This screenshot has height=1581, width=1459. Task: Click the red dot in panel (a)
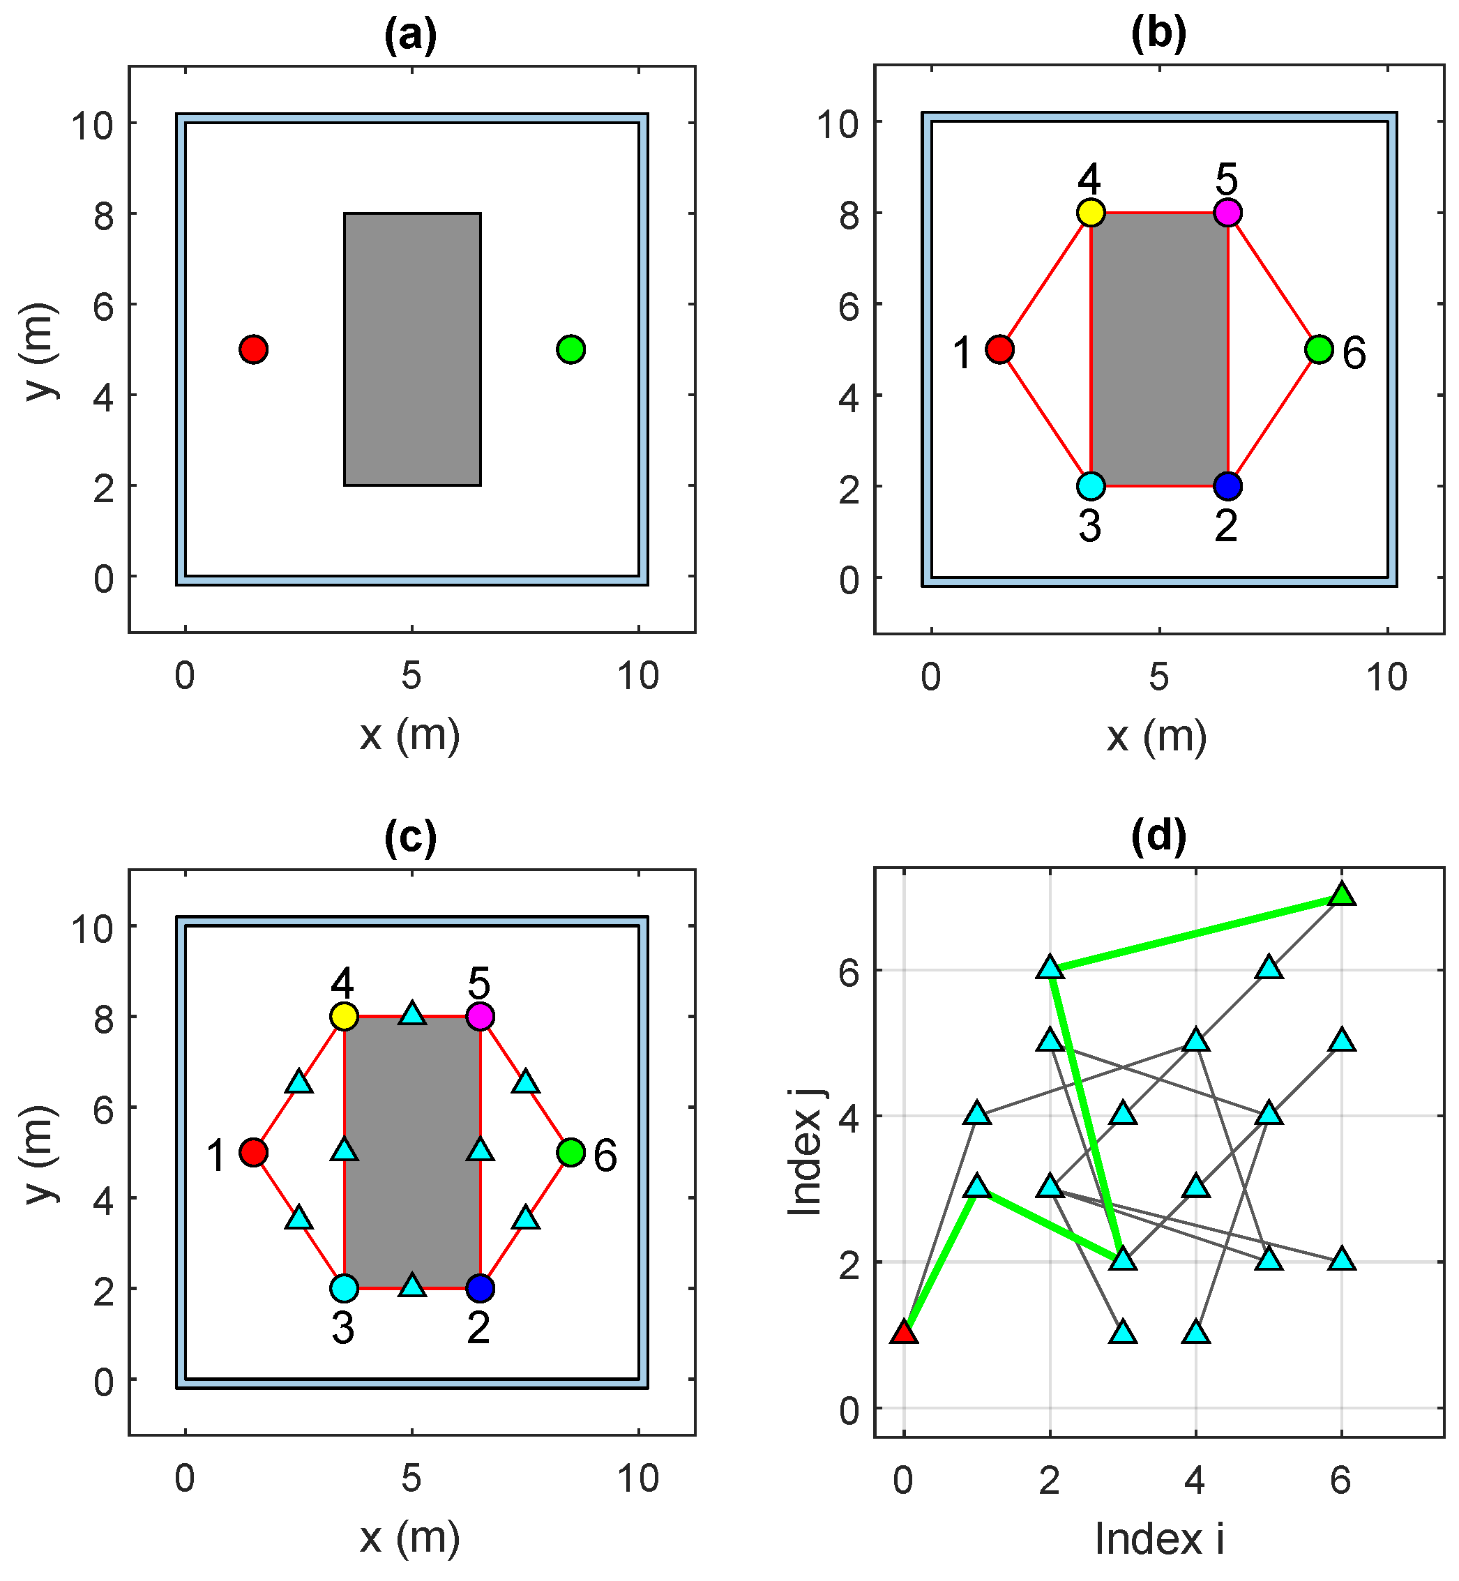(253, 349)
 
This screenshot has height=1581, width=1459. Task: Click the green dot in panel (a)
(570, 349)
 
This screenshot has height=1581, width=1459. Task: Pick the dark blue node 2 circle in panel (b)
(1227, 485)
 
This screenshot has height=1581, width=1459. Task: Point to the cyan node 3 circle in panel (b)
(1090, 485)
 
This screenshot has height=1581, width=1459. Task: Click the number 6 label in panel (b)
(1354, 353)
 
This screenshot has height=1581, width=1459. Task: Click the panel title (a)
(411, 36)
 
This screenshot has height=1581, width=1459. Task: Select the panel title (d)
(1158, 836)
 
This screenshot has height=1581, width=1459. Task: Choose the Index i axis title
(1159, 1539)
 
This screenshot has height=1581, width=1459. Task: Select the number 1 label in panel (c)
(216, 1156)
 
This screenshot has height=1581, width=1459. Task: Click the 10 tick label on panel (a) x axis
(638, 676)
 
